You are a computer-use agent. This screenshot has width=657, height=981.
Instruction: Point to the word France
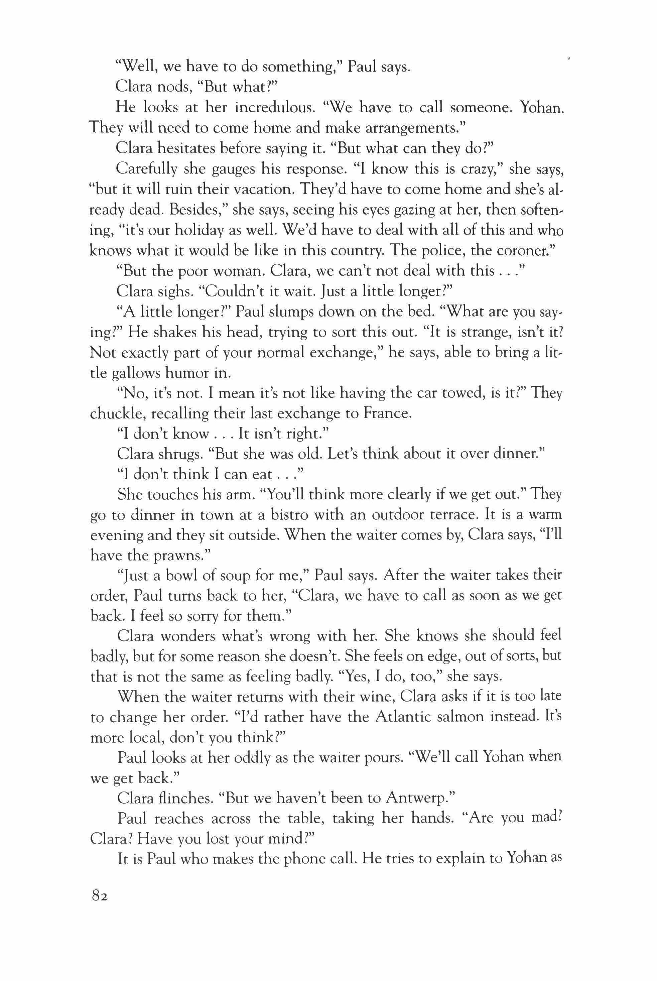pos(388,413)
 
